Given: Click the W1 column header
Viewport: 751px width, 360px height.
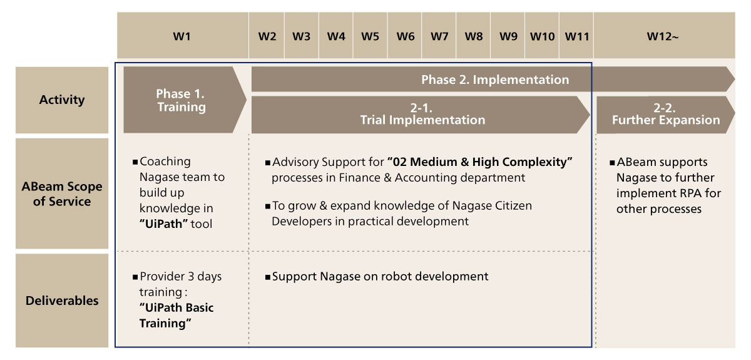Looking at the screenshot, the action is coord(182,36).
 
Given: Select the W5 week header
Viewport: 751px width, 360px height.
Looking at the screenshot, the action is coord(370,36).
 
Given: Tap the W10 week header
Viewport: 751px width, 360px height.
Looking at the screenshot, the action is coord(542,36).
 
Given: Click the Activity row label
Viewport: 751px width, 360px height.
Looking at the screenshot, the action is coord(62,100).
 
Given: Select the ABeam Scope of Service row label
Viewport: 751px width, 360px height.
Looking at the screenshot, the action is coord(62,193).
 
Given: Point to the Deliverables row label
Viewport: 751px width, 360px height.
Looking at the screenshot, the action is coord(62,301).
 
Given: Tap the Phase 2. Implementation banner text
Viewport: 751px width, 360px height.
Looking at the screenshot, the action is coord(495,80).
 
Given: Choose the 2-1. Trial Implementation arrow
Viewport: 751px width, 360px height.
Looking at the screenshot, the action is coord(421,115).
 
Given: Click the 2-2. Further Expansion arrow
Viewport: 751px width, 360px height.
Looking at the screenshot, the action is coord(665,115).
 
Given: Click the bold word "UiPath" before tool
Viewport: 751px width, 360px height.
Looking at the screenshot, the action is coord(163,224).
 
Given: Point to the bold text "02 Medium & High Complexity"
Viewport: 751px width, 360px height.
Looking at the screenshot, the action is coord(480,162).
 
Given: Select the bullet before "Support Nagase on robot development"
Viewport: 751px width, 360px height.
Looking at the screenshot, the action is coord(268,277).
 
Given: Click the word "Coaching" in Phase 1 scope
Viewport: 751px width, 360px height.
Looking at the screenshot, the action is coord(165,162).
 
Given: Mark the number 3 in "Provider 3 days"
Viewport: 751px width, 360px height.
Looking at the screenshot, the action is coord(191,277).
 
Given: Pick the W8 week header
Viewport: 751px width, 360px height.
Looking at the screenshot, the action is coord(473,36).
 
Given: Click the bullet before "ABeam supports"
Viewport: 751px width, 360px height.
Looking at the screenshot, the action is coord(612,163).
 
